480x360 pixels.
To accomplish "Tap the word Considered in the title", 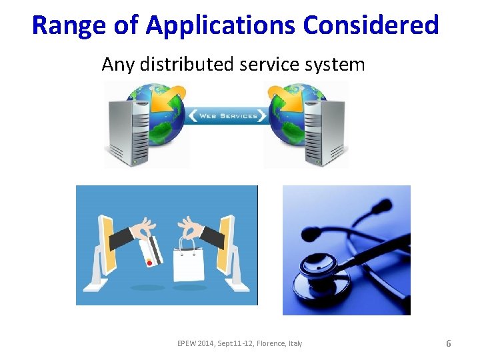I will click(371, 25).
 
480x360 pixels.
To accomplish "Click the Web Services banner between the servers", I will click(226, 116).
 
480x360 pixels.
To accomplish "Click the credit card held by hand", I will click(150, 249).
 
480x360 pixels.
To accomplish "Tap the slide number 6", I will click(448, 343).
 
